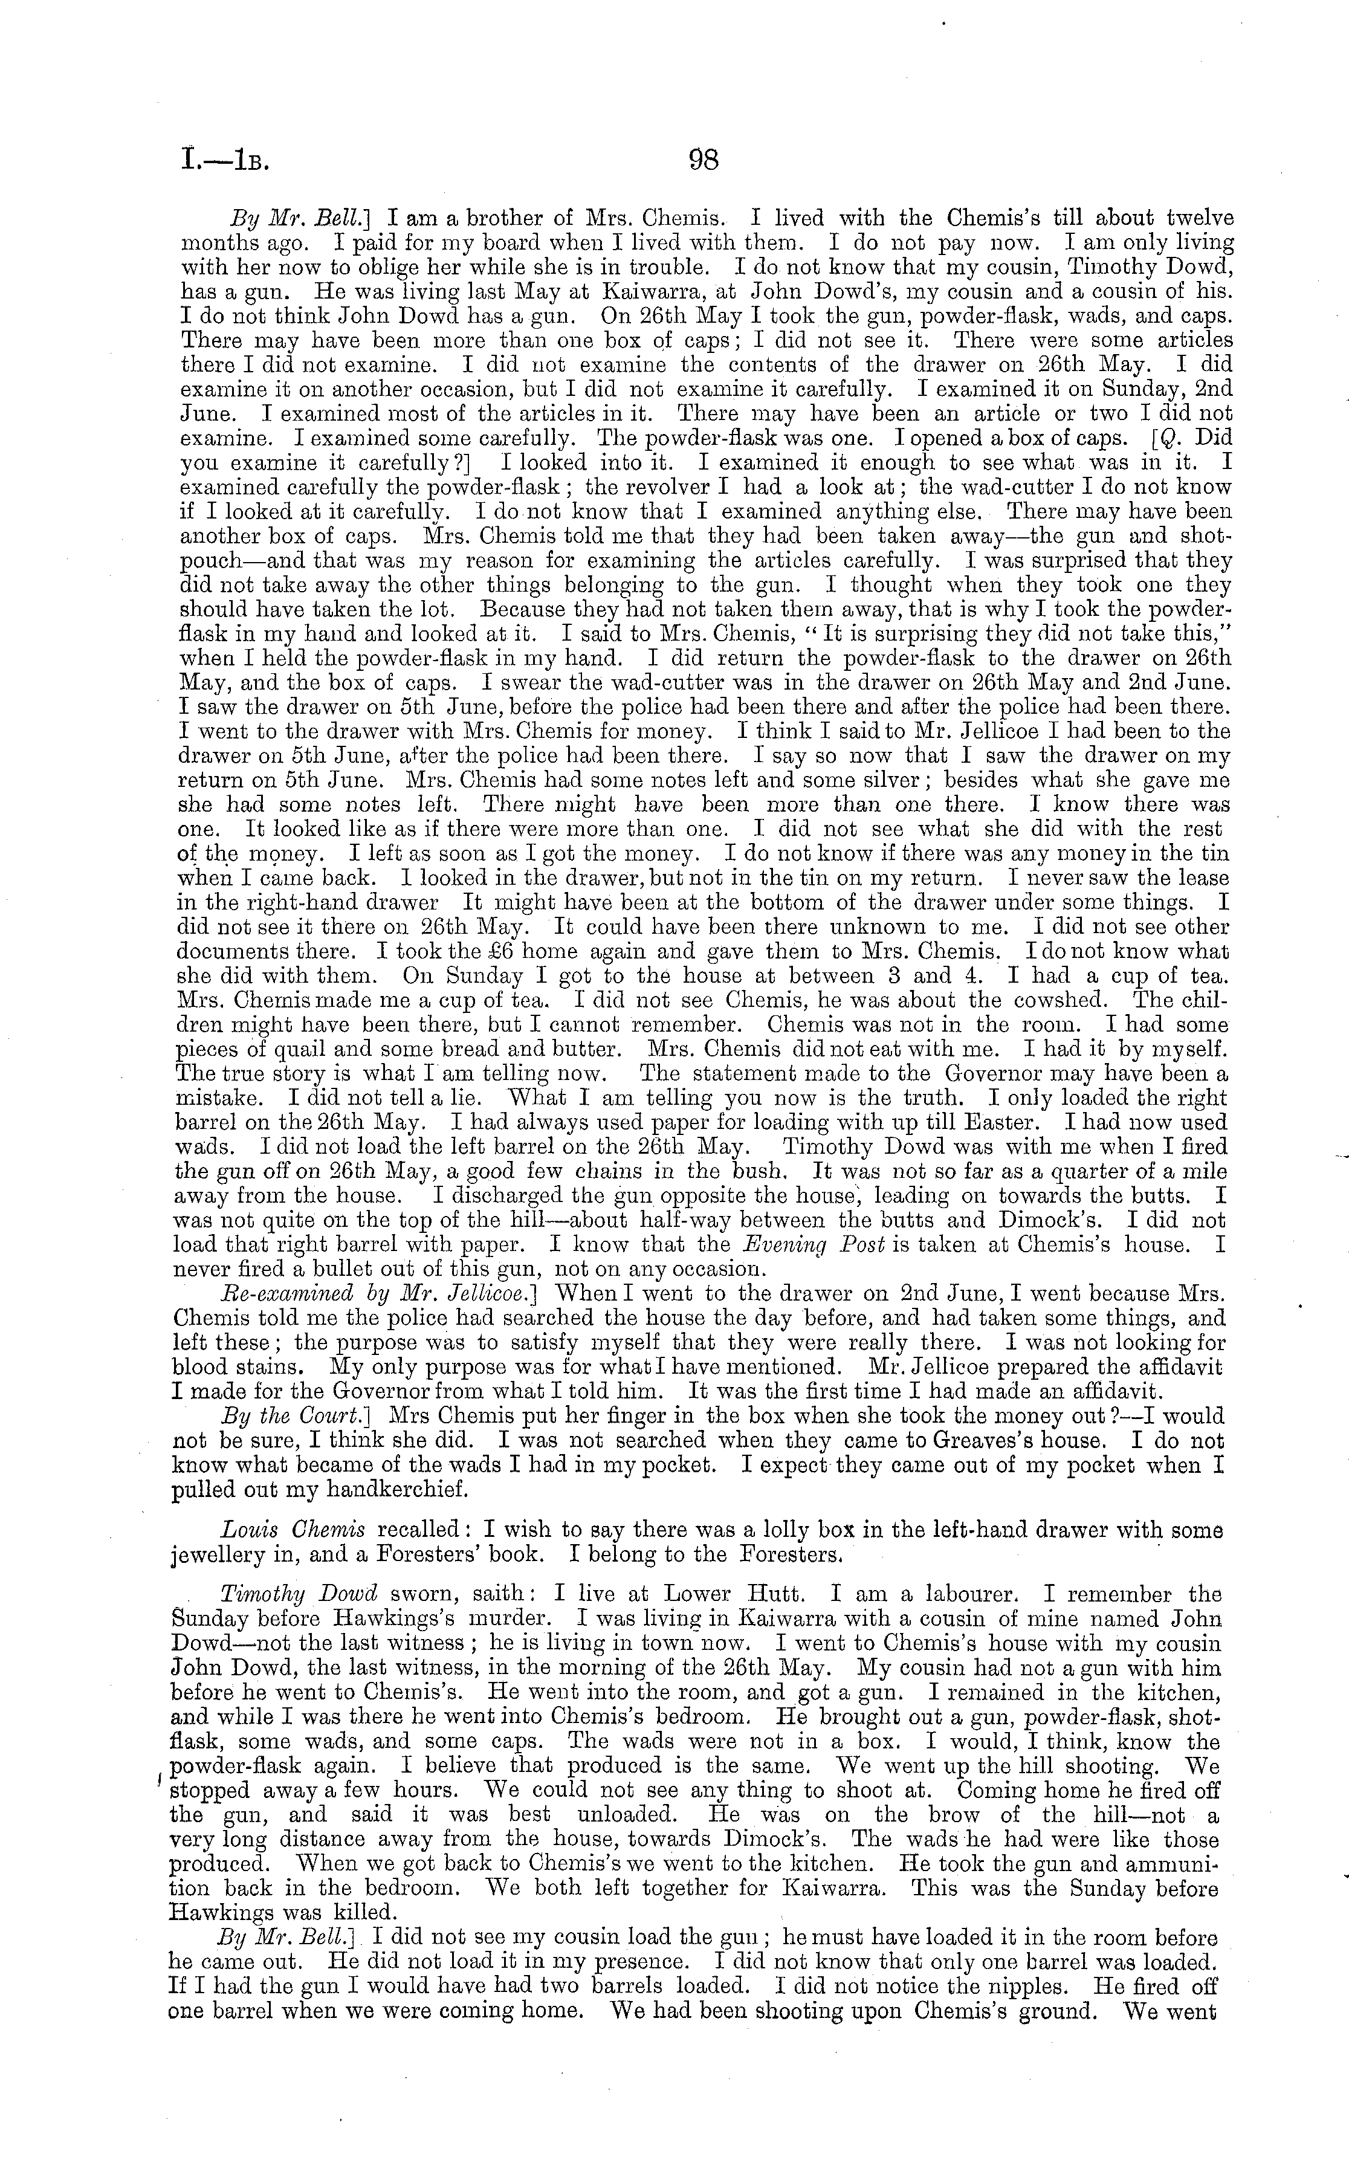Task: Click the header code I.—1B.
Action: [x=225, y=163]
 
